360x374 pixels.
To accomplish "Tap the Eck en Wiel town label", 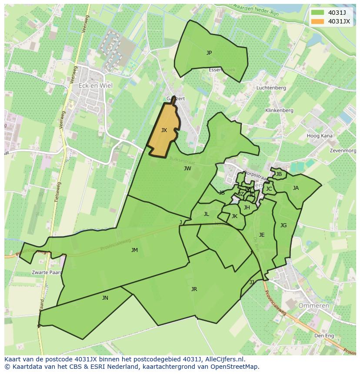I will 95,86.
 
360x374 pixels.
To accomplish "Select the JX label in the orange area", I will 164,130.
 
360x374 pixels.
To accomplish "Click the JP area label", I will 209,53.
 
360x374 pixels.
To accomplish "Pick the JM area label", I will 134,250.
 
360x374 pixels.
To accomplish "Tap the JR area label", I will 194,289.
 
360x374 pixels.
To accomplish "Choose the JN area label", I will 105,298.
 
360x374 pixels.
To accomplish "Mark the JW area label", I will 187,169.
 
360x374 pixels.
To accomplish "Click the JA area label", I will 296,188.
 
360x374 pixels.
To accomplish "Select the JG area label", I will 283,225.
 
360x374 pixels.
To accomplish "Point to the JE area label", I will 262,235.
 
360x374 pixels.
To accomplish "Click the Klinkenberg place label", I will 279,111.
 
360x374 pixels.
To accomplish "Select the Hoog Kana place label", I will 320,136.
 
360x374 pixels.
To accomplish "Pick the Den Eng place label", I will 324,336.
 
